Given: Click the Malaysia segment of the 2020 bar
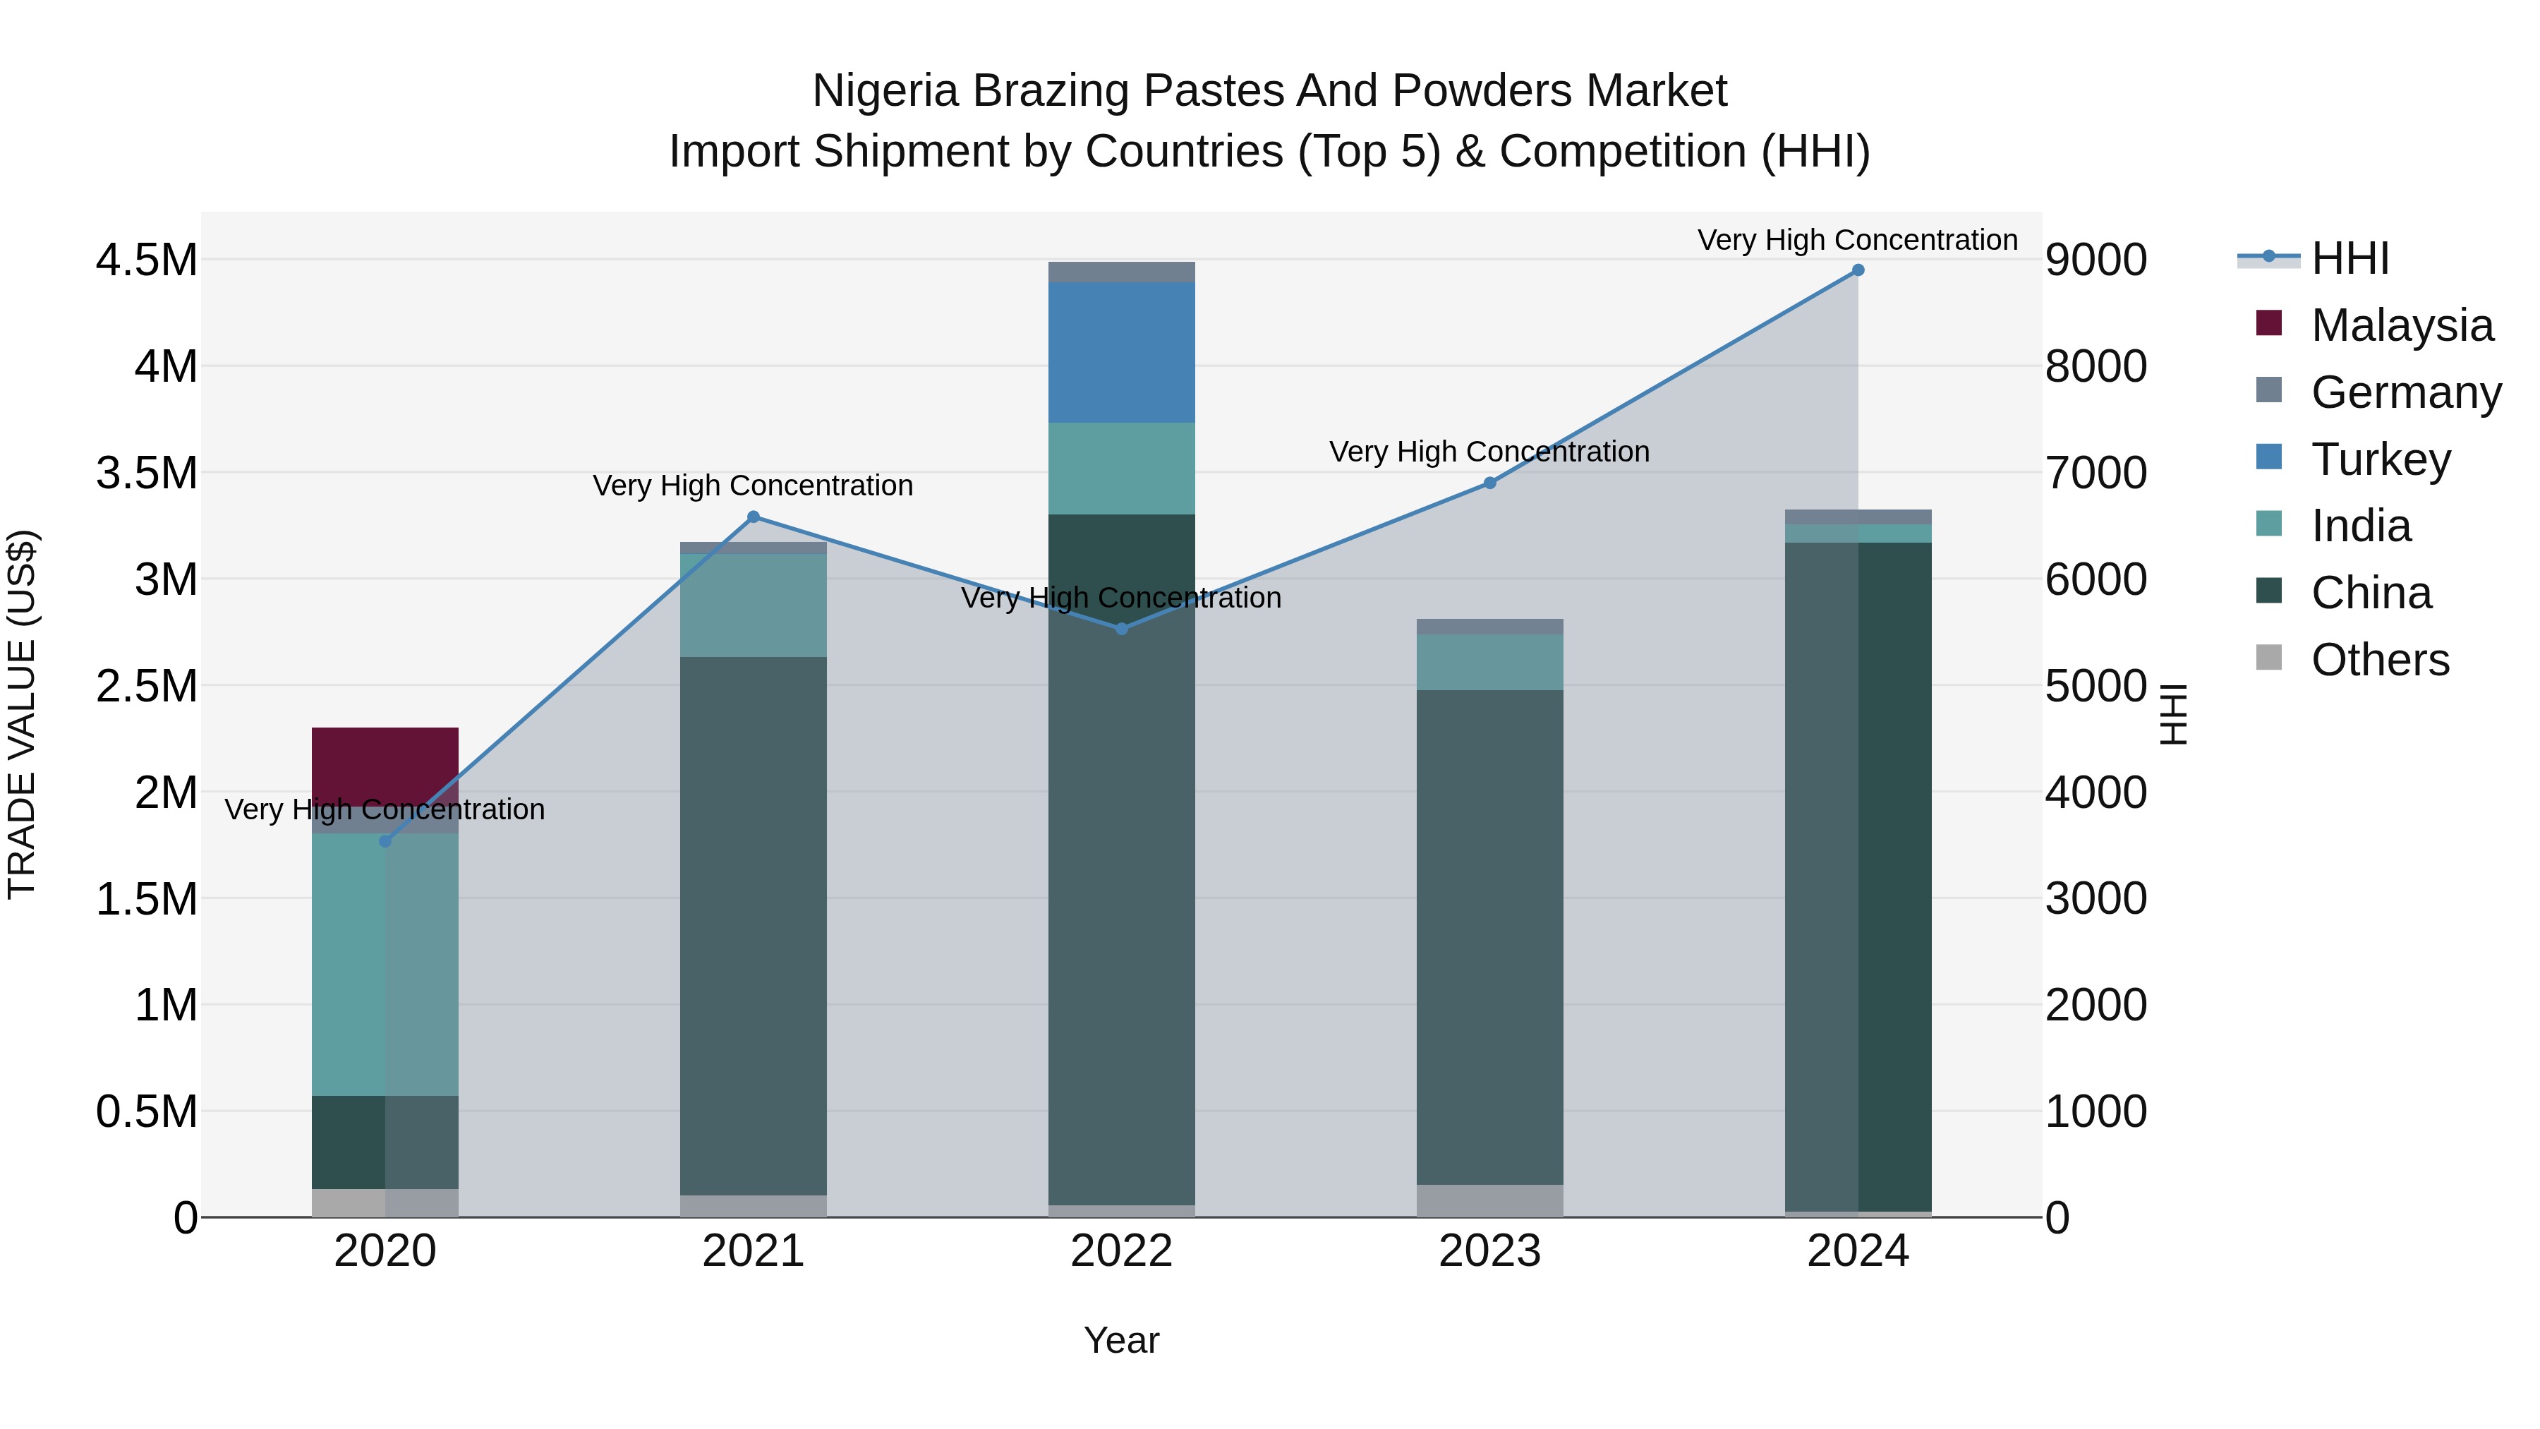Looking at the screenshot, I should pyautogui.click(x=385, y=764).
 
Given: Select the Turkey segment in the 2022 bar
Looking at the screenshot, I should pyautogui.click(x=1121, y=352).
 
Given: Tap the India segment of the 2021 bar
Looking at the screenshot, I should pyautogui.click(x=754, y=605).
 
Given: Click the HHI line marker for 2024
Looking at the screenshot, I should pyautogui.click(x=1858, y=270).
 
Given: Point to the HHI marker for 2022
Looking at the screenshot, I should pyautogui.click(x=1121, y=628).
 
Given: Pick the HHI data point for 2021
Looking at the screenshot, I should pyautogui.click(x=754, y=517).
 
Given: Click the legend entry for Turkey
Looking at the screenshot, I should pyautogui.click(x=2381, y=459).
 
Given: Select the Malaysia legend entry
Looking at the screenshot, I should pyautogui.click(x=2401, y=325).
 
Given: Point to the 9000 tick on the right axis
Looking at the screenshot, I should pyautogui.click(x=2095, y=260).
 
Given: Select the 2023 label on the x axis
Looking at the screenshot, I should pyautogui.click(x=1489, y=1251).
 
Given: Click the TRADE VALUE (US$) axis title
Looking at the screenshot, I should pyautogui.click(x=22, y=714).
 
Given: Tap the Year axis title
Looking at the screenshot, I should pyautogui.click(x=1121, y=1340).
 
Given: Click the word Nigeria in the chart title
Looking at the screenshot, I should pyautogui.click(x=885, y=91).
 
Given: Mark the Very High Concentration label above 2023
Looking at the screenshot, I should pyautogui.click(x=1489, y=452).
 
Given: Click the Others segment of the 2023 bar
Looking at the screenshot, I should pyautogui.click(x=1489, y=1200).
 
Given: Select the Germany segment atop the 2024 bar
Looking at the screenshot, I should pyautogui.click(x=1858, y=517).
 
